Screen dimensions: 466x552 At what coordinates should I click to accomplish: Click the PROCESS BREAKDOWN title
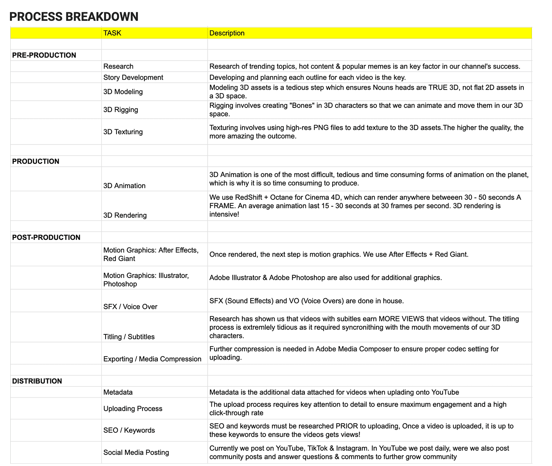point(74,17)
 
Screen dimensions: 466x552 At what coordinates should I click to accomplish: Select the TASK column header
point(112,33)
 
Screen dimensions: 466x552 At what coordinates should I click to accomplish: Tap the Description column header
point(227,33)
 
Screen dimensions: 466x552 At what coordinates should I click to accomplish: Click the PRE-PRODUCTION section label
point(44,55)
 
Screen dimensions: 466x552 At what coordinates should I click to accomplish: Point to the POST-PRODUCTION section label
point(46,238)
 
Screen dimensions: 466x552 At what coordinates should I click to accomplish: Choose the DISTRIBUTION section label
point(37,381)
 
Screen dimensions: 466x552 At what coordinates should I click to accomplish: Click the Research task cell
point(118,66)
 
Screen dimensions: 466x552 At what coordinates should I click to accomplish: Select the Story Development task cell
point(133,77)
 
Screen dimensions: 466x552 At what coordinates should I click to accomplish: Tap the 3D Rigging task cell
point(121,110)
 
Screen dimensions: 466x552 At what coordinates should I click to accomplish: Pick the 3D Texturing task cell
point(123,132)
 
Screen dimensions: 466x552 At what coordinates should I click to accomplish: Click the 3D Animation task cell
point(125,186)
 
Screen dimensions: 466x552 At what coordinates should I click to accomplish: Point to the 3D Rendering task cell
point(125,215)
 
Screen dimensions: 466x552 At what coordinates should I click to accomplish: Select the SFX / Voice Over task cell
point(130,307)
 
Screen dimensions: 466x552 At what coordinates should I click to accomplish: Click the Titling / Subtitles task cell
point(129,337)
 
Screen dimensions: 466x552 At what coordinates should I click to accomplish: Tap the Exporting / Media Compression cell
point(152,359)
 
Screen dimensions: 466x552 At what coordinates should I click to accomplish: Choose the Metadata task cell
point(118,392)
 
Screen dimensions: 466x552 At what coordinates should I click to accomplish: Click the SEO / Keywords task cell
point(129,431)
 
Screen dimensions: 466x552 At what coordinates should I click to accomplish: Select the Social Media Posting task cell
point(136,453)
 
